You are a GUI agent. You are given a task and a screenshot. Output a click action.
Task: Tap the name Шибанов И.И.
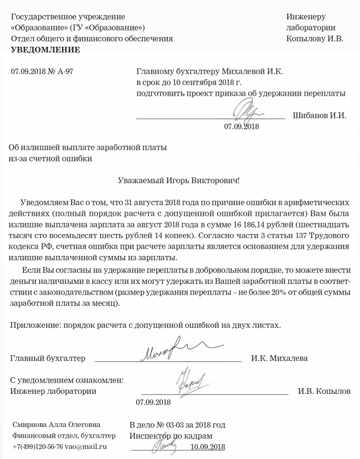point(319,115)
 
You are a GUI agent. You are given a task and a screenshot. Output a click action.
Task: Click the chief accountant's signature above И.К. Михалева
point(173,351)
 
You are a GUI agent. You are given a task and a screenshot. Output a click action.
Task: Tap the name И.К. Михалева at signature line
point(279,358)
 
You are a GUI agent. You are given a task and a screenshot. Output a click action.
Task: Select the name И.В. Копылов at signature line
point(323,392)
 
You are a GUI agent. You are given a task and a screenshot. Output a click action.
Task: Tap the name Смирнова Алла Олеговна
point(56,424)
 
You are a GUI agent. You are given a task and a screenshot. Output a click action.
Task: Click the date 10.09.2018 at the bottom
point(207,447)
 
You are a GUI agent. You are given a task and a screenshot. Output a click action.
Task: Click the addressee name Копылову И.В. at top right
point(315,38)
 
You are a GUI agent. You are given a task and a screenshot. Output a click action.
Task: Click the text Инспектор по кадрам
point(170,436)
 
